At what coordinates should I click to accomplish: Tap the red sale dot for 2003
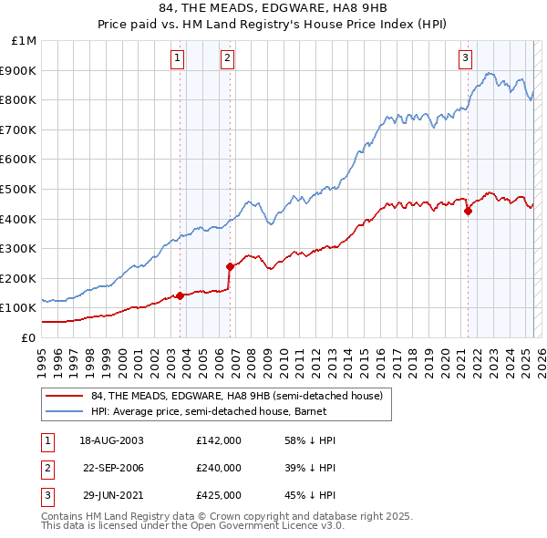click(180, 295)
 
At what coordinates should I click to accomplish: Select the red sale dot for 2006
click(230, 266)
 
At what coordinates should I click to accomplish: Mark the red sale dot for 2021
click(469, 211)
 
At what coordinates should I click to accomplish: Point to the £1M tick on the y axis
click(26, 41)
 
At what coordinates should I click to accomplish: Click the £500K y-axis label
click(20, 189)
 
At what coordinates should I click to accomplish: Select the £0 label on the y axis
click(28, 337)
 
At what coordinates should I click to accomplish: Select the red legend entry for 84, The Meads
click(241, 395)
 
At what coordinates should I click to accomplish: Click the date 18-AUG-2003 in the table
click(111, 440)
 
